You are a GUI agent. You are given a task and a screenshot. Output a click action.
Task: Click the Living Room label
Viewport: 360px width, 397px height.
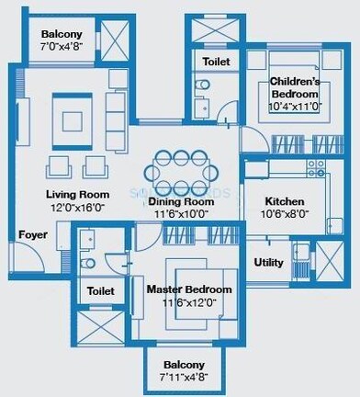78,195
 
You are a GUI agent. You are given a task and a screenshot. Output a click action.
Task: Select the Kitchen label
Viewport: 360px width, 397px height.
285,202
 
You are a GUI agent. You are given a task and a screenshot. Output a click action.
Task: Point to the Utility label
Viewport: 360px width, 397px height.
268,262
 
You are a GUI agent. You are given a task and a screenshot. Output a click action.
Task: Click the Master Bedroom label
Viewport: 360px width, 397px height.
189,290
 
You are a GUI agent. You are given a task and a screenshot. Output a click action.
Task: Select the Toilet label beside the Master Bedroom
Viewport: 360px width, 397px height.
100,291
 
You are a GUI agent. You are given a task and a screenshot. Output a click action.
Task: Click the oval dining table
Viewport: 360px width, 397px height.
181,170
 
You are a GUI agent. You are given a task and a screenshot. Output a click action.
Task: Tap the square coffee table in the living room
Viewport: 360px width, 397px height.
70,120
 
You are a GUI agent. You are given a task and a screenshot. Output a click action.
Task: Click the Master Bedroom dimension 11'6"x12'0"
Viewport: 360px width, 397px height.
189,302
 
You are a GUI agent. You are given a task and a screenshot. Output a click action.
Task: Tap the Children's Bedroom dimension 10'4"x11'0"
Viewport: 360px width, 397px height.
294,107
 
